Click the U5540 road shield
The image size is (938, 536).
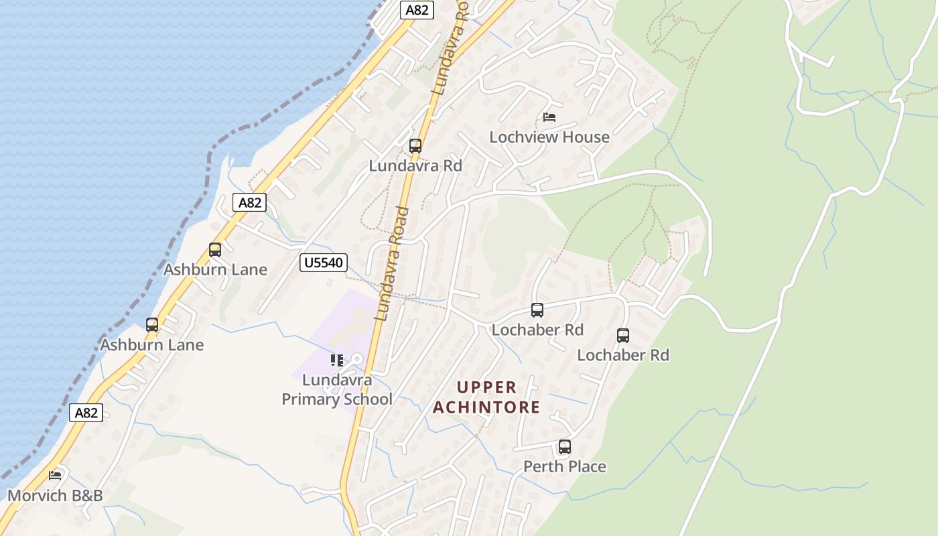(x=323, y=263)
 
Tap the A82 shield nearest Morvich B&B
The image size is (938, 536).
(x=86, y=413)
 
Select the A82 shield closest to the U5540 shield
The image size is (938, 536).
(x=249, y=202)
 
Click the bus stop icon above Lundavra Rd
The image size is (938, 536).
(x=415, y=146)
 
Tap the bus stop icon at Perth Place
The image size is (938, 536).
(x=565, y=447)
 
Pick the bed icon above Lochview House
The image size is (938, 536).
(x=549, y=117)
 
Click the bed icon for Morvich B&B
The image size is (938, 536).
(x=55, y=475)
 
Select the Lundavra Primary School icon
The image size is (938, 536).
(x=336, y=360)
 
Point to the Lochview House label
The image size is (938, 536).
(x=549, y=137)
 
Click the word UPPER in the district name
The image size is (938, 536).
(x=487, y=387)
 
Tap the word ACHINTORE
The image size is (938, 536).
(x=486, y=407)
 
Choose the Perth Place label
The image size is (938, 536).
(x=564, y=467)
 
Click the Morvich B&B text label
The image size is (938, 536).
(x=55, y=496)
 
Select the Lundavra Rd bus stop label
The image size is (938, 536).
(x=415, y=165)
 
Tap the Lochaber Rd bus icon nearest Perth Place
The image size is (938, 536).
(x=623, y=336)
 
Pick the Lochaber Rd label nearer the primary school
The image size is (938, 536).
(x=537, y=330)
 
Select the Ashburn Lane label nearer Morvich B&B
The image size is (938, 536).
(x=151, y=345)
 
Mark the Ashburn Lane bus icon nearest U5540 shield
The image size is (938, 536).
(x=215, y=250)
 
